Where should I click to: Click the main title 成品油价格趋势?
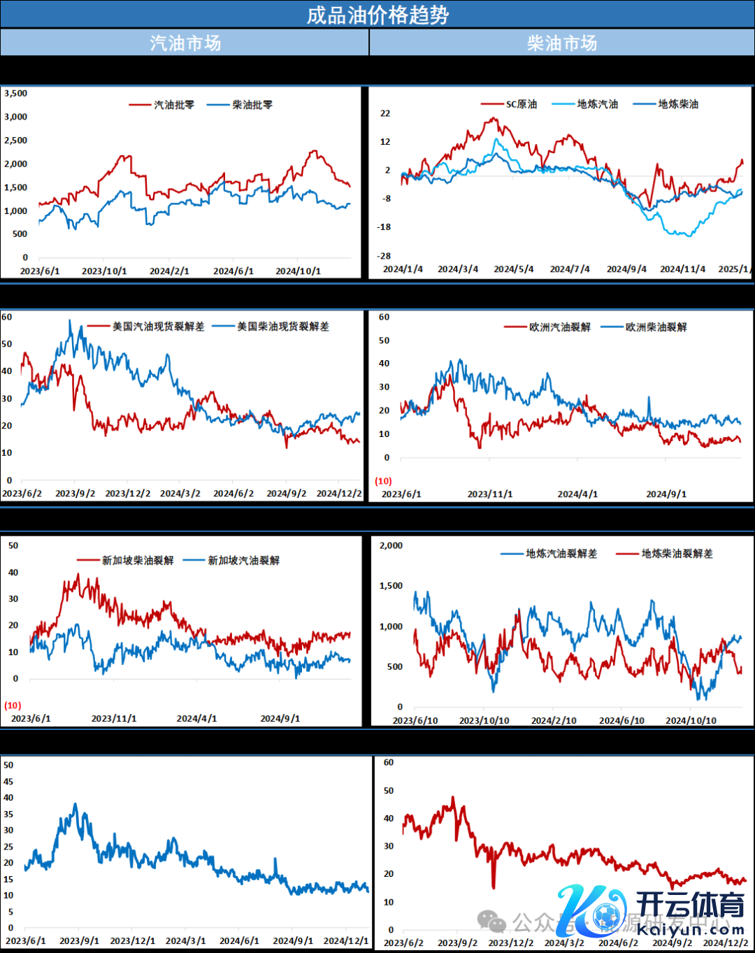377,15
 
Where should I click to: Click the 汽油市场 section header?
185,43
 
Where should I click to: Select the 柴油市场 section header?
562,43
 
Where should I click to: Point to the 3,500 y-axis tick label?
15,93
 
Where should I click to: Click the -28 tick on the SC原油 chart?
384,256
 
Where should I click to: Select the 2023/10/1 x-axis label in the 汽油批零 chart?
104,271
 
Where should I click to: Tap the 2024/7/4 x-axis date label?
570,269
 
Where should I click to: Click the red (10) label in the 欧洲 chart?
384,481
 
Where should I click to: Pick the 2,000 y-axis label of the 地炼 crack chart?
391,545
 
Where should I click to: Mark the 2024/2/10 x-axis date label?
554,720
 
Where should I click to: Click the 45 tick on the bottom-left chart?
8,781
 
